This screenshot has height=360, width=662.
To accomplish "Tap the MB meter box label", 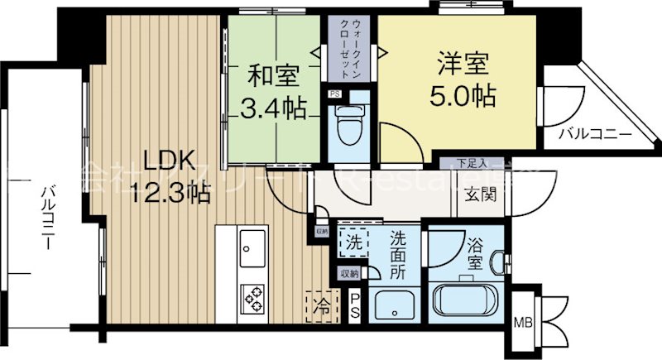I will [524, 322].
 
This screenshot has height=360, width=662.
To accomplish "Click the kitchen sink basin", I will [252, 245].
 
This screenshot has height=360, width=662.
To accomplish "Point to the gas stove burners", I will [252, 296].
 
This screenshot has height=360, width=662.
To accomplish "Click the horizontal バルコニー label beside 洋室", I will [593, 133].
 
